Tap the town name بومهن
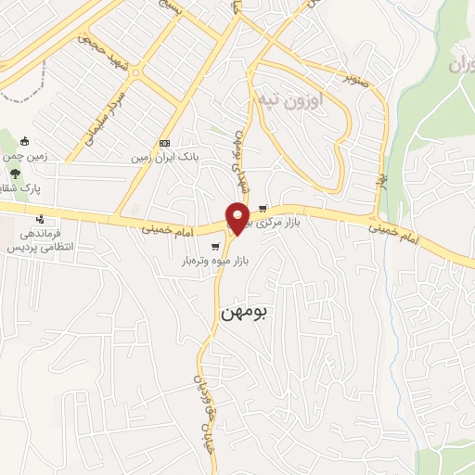click(244, 313)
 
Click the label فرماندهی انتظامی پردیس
click(40, 242)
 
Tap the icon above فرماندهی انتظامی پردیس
click(40, 220)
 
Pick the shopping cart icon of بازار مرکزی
click(263, 209)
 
